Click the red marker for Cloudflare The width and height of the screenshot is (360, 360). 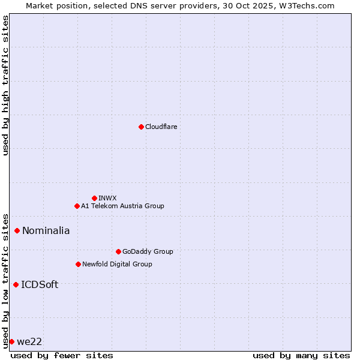point(141,127)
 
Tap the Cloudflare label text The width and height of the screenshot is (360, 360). point(161,127)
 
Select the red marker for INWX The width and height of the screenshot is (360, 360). point(94,198)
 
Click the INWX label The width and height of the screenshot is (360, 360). point(107,198)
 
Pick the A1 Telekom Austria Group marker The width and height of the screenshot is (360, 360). point(77,206)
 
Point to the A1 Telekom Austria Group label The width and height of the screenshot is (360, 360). point(122,206)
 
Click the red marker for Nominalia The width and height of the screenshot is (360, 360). point(17,230)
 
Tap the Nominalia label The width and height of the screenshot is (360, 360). point(46,230)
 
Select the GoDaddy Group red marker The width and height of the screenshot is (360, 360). point(118,251)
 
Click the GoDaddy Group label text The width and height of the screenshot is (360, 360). point(148,251)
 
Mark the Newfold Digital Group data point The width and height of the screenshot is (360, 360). point(78,264)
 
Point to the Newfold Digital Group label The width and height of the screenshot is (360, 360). point(117,264)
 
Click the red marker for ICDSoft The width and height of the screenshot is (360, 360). point(16,284)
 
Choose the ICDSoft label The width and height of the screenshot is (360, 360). point(40,284)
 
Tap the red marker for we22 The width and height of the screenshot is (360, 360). point(11,341)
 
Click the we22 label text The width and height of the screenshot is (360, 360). point(29,341)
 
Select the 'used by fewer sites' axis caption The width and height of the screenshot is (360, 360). point(62,355)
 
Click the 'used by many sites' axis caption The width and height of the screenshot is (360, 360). point(301,355)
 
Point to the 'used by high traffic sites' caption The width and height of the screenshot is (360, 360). point(5,85)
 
